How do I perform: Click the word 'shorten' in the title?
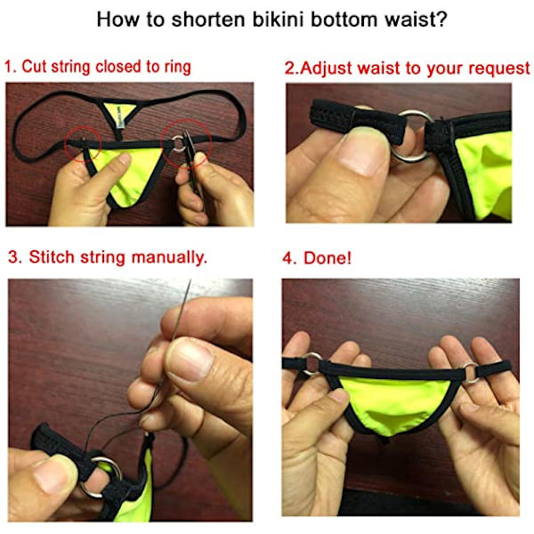coord(208,20)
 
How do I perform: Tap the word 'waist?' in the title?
coord(416,20)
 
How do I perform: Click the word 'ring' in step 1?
coord(177,67)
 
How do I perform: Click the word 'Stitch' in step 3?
coord(52,257)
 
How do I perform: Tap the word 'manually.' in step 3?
coord(169,258)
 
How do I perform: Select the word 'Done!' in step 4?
coord(328,258)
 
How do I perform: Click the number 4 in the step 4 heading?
coord(287,258)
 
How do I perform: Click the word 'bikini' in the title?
coord(279,20)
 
